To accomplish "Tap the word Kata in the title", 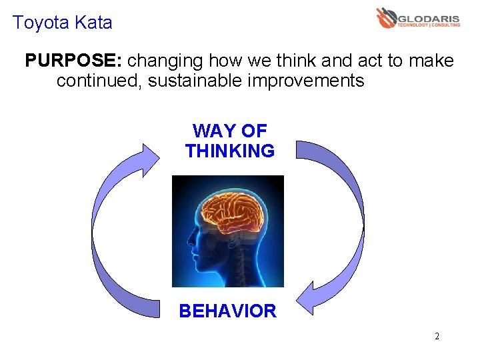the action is [x=93, y=23].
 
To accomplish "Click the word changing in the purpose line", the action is [x=166, y=61].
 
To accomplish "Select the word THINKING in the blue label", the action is [x=230, y=151].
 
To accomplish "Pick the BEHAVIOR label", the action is [x=227, y=311].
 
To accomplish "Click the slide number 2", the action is [x=437, y=336].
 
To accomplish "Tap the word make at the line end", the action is [x=431, y=61].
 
